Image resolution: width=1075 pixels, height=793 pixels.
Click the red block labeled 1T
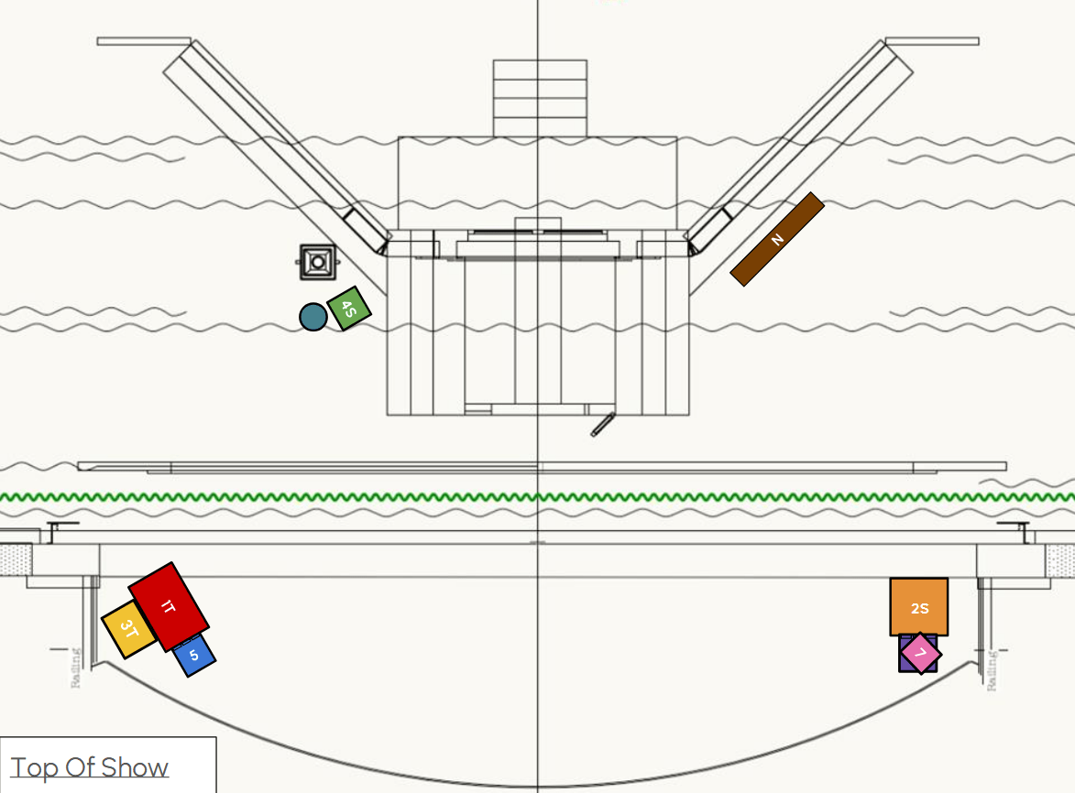point(169,607)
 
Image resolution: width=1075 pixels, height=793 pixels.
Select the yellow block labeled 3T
point(128,629)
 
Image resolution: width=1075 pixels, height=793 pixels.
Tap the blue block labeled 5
point(194,656)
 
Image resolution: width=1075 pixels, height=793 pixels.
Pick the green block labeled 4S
point(349,309)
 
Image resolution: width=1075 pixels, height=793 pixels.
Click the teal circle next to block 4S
point(313,317)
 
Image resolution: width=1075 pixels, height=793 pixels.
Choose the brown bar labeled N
point(777,239)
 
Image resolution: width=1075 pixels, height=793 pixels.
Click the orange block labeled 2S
point(918,607)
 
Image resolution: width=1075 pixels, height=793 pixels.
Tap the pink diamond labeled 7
point(921,654)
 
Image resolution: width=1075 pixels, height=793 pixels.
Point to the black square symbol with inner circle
point(317,262)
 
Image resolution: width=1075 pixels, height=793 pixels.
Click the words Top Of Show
point(89,767)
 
